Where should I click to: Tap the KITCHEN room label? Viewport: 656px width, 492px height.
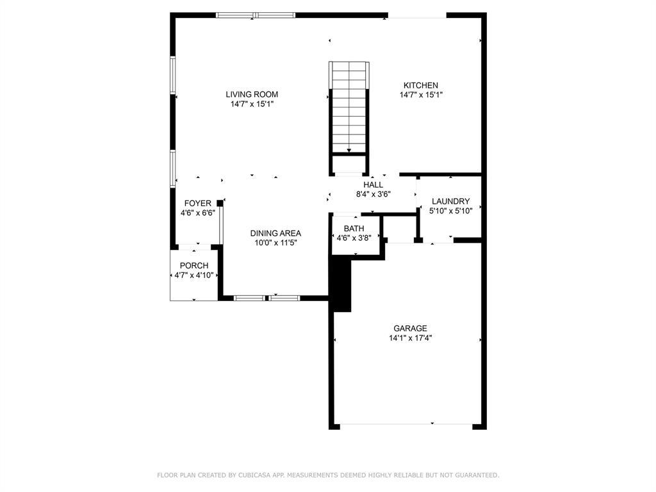(420, 85)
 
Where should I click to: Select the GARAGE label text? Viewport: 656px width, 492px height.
(410, 329)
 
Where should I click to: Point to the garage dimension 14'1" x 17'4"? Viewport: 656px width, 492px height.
(410, 338)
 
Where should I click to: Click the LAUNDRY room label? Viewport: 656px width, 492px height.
(450, 201)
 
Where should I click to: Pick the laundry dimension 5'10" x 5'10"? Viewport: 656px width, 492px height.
(450, 211)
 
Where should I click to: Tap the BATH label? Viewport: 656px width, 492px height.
(354, 228)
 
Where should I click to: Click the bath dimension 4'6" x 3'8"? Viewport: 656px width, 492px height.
(354, 238)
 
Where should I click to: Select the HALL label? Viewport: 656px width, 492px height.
(373, 185)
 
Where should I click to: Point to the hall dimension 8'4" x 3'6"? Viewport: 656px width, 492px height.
(373, 194)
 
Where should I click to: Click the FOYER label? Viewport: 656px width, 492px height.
(197, 204)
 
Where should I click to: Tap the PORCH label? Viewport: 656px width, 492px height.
(193, 266)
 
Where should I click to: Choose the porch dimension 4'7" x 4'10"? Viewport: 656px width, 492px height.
(193, 275)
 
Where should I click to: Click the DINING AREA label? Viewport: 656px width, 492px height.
(275, 233)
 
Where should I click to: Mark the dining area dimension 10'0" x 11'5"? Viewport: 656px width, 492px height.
(275, 243)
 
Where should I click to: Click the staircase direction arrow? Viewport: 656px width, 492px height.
(349, 151)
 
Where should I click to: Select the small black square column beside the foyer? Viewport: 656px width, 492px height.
(220, 203)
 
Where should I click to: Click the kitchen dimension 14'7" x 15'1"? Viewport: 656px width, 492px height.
(420, 95)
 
